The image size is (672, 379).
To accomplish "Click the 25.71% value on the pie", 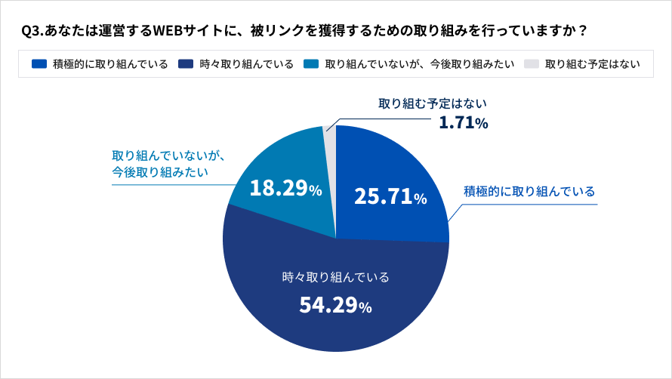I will tap(390, 198).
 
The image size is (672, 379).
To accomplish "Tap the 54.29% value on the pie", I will tap(335, 306).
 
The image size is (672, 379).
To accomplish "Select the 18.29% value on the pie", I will tap(285, 189).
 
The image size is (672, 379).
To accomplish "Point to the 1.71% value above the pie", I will tap(464, 122).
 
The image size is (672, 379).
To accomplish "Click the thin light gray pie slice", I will tap(330, 140).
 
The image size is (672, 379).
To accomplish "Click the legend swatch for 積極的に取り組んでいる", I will tap(39, 64).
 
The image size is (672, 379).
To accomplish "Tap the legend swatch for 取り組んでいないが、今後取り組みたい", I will tap(310, 64).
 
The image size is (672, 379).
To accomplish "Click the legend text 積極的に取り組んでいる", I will tap(110, 64).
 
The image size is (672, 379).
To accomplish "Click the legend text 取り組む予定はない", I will tap(592, 64).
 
